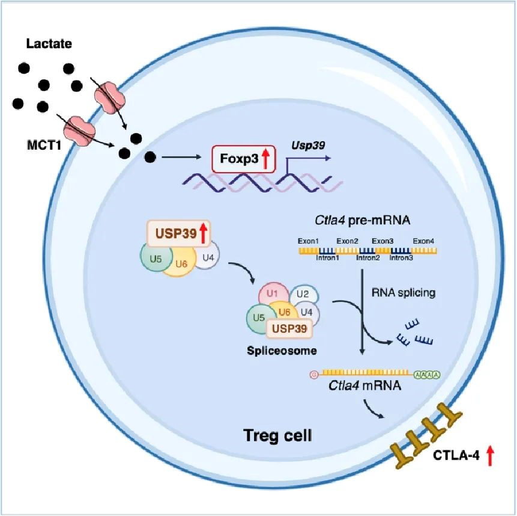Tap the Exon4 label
click(x=424, y=241)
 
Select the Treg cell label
click(x=277, y=435)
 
